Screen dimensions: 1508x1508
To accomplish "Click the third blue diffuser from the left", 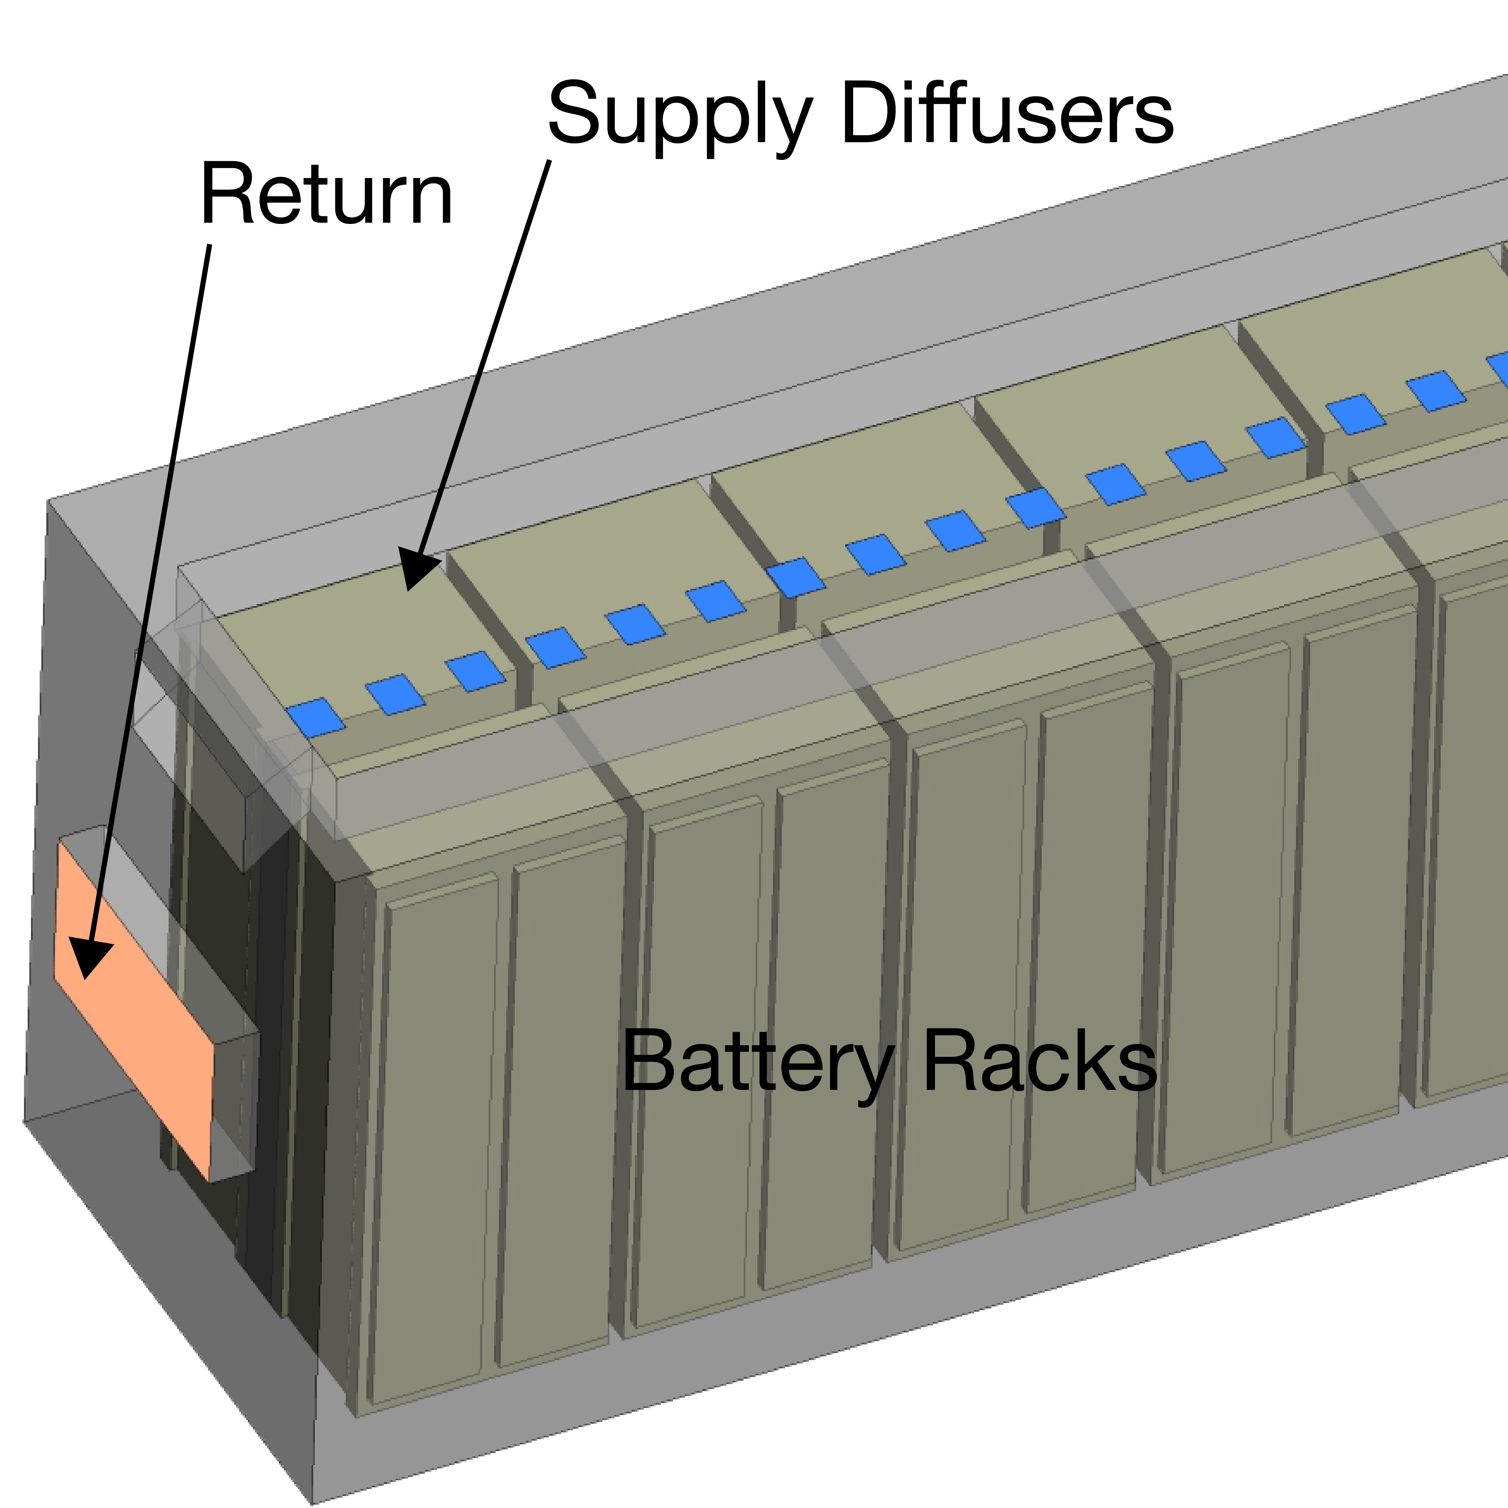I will point(476,671).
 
